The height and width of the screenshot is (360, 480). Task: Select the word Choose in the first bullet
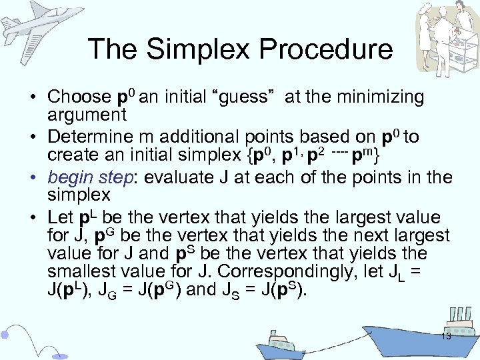79,97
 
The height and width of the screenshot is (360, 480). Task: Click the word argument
87,114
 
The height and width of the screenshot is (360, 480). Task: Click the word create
73,155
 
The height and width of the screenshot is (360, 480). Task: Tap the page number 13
445,337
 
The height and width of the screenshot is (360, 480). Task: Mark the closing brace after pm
377,156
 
